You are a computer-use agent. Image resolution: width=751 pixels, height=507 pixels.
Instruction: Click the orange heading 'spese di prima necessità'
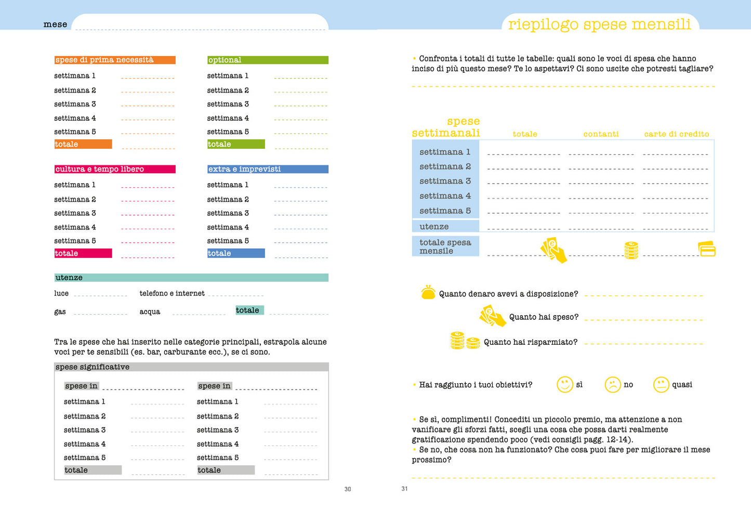(x=104, y=60)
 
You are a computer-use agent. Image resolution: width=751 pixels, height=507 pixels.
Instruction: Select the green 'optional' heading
(x=225, y=60)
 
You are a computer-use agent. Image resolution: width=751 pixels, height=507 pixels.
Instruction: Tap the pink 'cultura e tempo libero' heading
(x=100, y=169)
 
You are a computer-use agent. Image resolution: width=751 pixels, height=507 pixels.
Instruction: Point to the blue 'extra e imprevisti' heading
(x=244, y=169)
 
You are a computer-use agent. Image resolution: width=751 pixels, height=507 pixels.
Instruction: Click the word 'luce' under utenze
(x=61, y=293)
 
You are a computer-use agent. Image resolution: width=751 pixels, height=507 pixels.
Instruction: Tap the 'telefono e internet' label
(x=172, y=293)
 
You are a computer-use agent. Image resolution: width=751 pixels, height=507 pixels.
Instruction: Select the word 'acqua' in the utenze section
(x=150, y=311)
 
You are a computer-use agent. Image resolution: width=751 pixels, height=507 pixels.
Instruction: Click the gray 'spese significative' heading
(x=93, y=367)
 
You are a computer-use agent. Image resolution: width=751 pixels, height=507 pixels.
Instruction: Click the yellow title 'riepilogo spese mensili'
(x=599, y=24)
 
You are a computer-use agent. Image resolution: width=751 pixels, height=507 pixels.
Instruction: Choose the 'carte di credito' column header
(x=677, y=134)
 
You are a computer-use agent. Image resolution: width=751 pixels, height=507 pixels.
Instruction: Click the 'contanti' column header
(x=601, y=134)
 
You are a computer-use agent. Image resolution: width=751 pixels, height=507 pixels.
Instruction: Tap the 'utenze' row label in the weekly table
(x=434, y=226)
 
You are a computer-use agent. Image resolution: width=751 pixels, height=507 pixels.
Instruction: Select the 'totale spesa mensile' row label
(x=445, y=246)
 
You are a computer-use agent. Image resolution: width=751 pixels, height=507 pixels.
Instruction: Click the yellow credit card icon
(x=707, y=249)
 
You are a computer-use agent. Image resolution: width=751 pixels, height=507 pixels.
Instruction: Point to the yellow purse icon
(x=428, y=293)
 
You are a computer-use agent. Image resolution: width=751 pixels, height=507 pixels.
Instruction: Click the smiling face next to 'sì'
(x=564, y=384)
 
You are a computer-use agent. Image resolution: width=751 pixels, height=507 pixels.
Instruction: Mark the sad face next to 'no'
(x=613, y=384)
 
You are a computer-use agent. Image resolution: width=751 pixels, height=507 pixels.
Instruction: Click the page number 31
(x=404, y=488)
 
